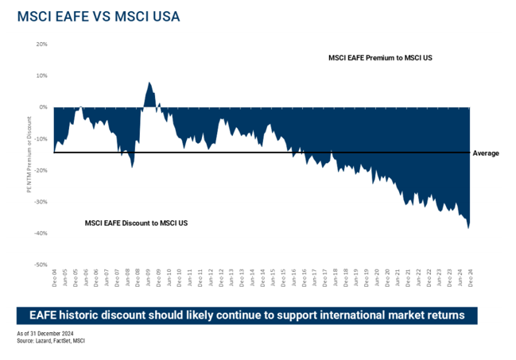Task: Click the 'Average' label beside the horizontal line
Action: pyautogui.click(x=486, y=153)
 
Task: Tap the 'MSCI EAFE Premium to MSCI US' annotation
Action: pyautogui.click(x=379, y=58)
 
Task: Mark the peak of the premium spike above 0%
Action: pyautogui.click(x=149, y=82)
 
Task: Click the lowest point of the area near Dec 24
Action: pyautogui.click(x=468, y=228)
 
